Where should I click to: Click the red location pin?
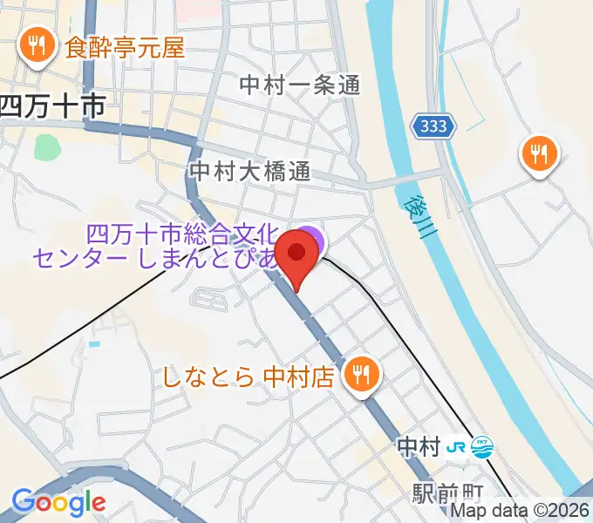coord(297,256)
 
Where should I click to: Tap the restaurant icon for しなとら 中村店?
coord(359,376)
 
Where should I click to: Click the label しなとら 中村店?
coord(249,377)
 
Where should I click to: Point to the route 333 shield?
coord(433,126)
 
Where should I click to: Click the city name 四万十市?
coord(52,106)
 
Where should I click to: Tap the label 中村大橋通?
coord(249,171)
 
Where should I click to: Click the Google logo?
coord(58,502)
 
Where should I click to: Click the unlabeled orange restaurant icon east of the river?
coord(539,154)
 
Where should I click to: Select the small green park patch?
coord(48,146)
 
